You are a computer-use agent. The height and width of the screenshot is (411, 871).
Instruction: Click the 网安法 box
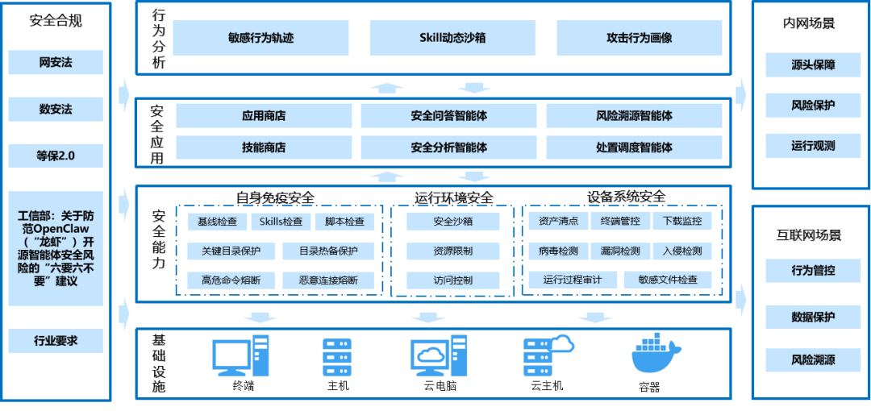(56, 62)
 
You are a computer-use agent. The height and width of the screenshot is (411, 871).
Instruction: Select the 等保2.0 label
(56, 156)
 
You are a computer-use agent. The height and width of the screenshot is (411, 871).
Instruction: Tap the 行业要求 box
(56, 341)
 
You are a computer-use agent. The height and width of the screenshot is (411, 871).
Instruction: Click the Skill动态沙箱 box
(452, 38)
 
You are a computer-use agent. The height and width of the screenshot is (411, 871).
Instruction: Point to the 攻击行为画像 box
(639, 38)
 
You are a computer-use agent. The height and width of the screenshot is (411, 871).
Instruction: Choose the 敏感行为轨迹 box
(260, 38)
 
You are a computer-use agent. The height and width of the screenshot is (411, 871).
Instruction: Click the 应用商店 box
(264, 116)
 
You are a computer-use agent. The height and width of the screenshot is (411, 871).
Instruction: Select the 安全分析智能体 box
(448, 147)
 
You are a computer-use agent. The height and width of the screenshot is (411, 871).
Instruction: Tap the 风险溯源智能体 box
(634, 116)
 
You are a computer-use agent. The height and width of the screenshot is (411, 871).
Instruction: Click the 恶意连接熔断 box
(330, 281)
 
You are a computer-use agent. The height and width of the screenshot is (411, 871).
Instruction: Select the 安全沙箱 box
(452, 222)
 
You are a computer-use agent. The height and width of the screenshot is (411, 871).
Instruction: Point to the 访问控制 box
(452, 281)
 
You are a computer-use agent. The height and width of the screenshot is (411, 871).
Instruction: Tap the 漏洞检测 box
(620, 251)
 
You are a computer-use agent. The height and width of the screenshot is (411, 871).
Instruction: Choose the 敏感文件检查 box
(668, 280)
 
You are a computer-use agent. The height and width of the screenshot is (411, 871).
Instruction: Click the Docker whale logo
(656, 353)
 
